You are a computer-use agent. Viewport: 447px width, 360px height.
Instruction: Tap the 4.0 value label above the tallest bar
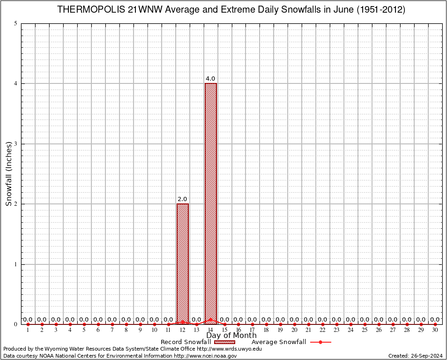210,79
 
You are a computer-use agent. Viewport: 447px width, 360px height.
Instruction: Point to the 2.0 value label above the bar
182,199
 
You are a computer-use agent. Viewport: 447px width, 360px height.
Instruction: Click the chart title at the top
231,10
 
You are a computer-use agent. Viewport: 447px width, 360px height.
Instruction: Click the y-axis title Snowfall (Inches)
8,173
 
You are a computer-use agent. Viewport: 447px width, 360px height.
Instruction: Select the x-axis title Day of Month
231,335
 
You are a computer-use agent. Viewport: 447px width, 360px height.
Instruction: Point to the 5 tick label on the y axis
16,23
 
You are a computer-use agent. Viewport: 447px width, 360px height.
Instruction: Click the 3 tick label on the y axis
16,144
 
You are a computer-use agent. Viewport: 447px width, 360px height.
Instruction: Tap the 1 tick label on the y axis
16,264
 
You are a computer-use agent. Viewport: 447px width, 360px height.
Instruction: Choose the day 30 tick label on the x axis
435,330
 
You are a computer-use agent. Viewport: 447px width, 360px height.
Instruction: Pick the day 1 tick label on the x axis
28,330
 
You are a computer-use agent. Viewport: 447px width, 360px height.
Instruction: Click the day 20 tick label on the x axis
294,330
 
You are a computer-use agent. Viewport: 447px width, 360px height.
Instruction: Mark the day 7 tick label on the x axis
112,330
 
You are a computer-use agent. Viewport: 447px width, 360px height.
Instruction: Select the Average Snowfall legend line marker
320,342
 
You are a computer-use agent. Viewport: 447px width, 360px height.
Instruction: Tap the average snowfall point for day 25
365,324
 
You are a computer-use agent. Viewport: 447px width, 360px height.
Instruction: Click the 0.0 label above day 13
196,320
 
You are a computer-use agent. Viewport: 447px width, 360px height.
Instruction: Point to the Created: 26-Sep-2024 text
416,356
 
